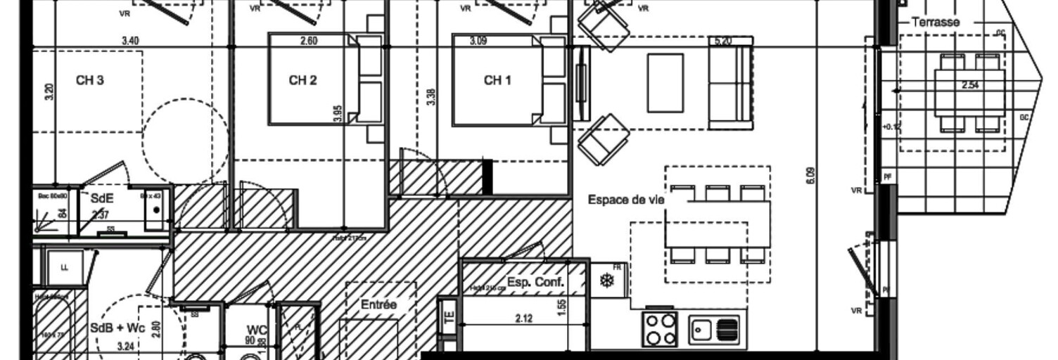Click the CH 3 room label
coord(90,81)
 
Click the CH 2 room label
coord(302,81)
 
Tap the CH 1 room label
coord(497,81)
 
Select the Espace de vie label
coord(626,200)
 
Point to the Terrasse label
coord(935,22)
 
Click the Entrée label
coord(378,305)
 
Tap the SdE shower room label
coord(102,199)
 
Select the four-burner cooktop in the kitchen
coord(659,329)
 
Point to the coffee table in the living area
coord(665,83)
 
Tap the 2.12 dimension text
coord(523,319)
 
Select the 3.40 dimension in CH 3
coord(129,41)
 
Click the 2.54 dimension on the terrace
coord(971,86)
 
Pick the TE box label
coord(447,316)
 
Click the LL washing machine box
coord(65,267)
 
